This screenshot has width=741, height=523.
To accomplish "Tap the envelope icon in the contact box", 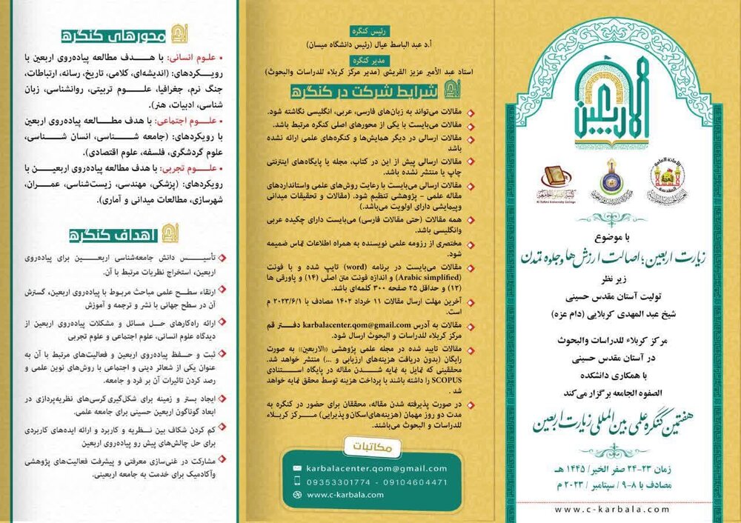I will (296, 469).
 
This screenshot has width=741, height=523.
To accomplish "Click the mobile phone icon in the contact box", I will (296, 482).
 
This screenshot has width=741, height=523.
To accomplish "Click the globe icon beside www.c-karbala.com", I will (296, 495).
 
